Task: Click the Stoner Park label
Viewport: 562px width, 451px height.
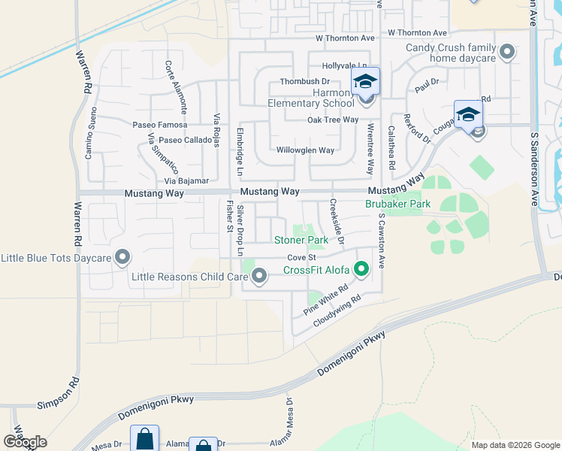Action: tap(301, 241)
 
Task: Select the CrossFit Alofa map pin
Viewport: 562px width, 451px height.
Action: tap(361, 268)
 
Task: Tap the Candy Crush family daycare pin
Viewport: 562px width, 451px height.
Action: tap(507, 53)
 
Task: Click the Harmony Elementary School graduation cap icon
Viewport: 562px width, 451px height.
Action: tap(365, 81)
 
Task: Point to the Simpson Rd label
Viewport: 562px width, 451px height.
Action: tap(57, 404)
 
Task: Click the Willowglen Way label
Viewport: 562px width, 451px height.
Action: tap(305, 150)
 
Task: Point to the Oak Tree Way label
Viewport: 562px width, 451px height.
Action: tap(332, 120)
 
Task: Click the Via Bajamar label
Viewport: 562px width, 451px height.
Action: tap(186, 182)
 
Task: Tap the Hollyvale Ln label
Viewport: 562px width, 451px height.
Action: tap(345, 66)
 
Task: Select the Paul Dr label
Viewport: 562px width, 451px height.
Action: tap(426, 87)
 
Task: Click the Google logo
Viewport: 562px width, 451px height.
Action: tap(25, 442)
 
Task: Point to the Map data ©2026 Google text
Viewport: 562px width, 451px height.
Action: tap(515, 445)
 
